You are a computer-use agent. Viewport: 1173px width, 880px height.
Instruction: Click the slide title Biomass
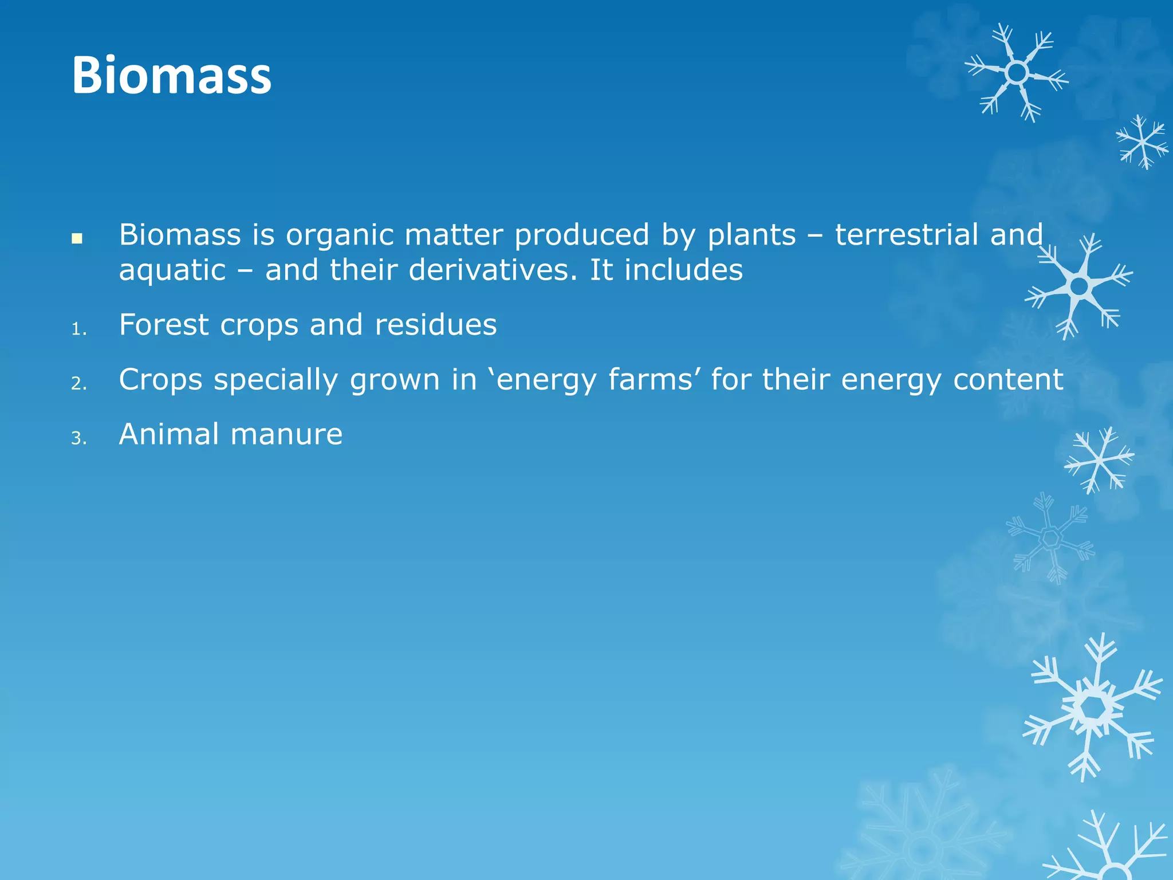click(171, 76)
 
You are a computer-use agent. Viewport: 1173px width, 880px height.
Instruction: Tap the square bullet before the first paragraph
click(77, 238)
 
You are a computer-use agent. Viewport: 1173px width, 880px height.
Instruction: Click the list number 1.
click(78, 329)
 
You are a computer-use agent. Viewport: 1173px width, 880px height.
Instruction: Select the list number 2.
click(79, 384)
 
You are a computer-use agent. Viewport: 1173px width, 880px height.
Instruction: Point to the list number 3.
click(79, 439)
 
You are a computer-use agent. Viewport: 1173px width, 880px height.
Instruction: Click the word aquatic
click(172, 271)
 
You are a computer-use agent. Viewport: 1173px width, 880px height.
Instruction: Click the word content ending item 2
click(1008, 380)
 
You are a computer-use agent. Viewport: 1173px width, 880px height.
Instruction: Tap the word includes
click(683, 270)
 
